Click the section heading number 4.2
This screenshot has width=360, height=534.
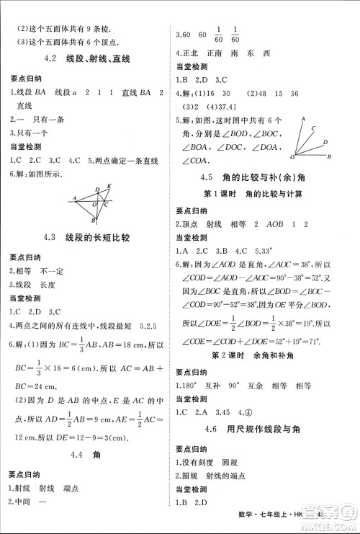pyautogui.click(x=50, y=58)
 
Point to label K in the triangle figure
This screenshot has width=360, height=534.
pyautogui.click(x=109, y=186)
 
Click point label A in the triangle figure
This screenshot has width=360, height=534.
pyautogui.click(x=74, y=197)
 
